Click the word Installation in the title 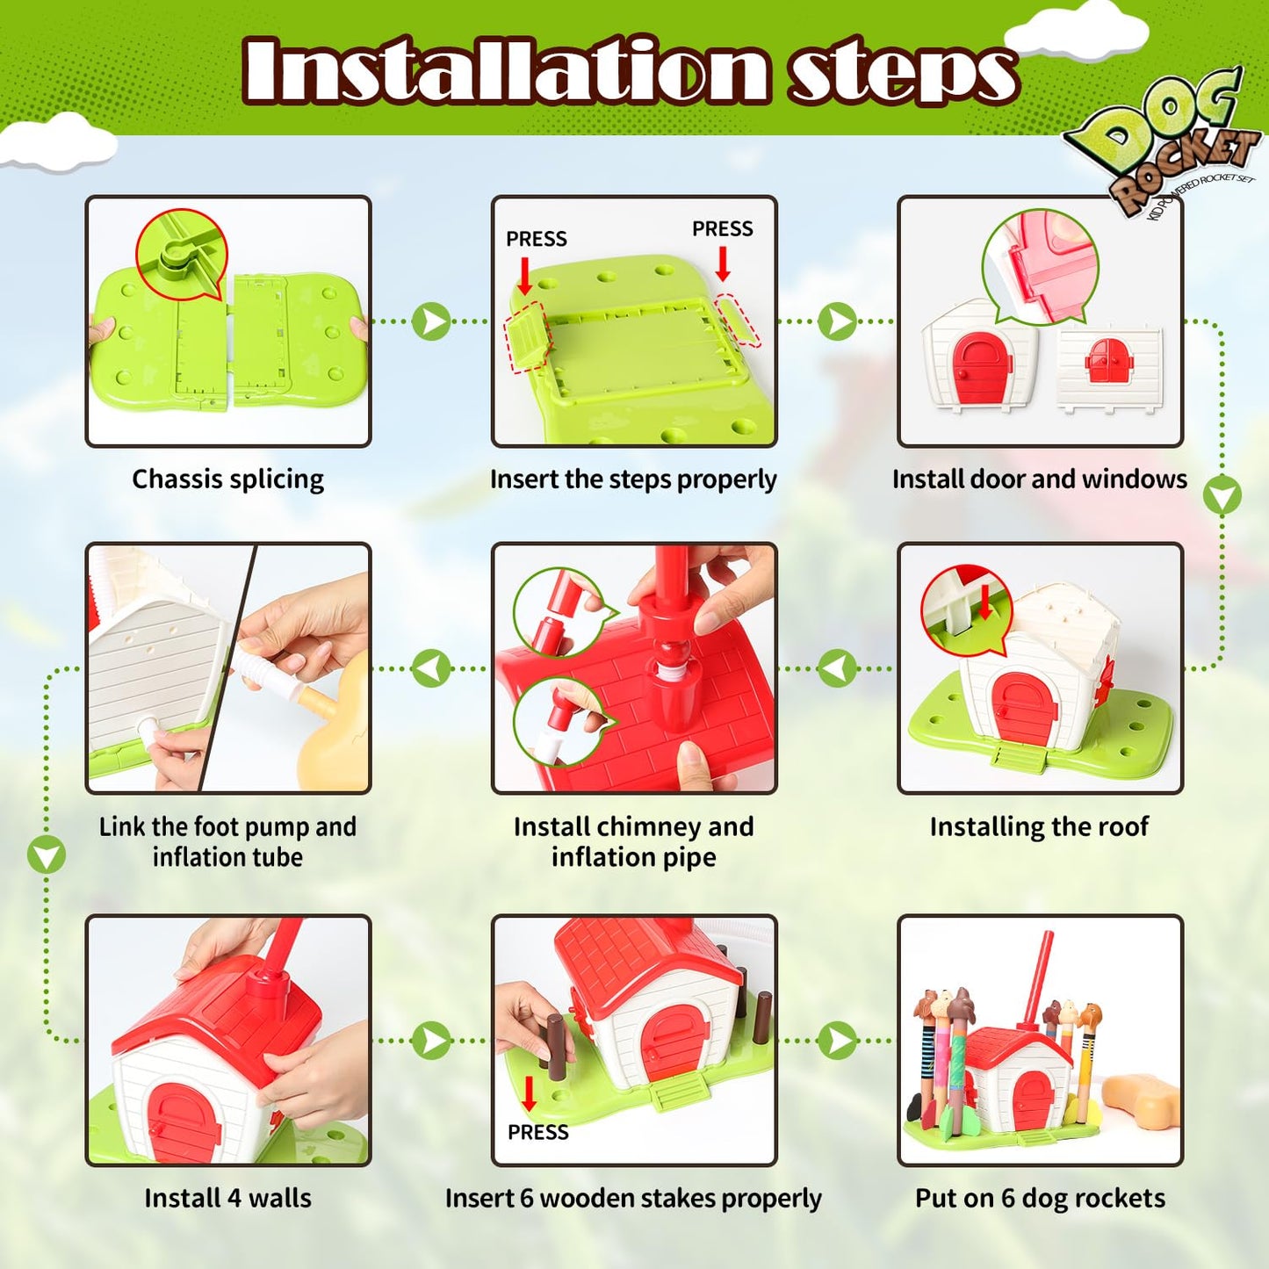505,70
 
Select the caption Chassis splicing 227,479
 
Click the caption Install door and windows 1040,479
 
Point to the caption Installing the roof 1039,826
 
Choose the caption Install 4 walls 227,1198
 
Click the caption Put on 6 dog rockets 1040,1198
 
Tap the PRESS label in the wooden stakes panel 538,1132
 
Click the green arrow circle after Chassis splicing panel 431,322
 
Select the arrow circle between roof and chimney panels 838,669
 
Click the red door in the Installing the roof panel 1023,708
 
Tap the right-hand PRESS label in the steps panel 723,228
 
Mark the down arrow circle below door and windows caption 1222,495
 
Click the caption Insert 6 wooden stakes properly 633,1199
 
